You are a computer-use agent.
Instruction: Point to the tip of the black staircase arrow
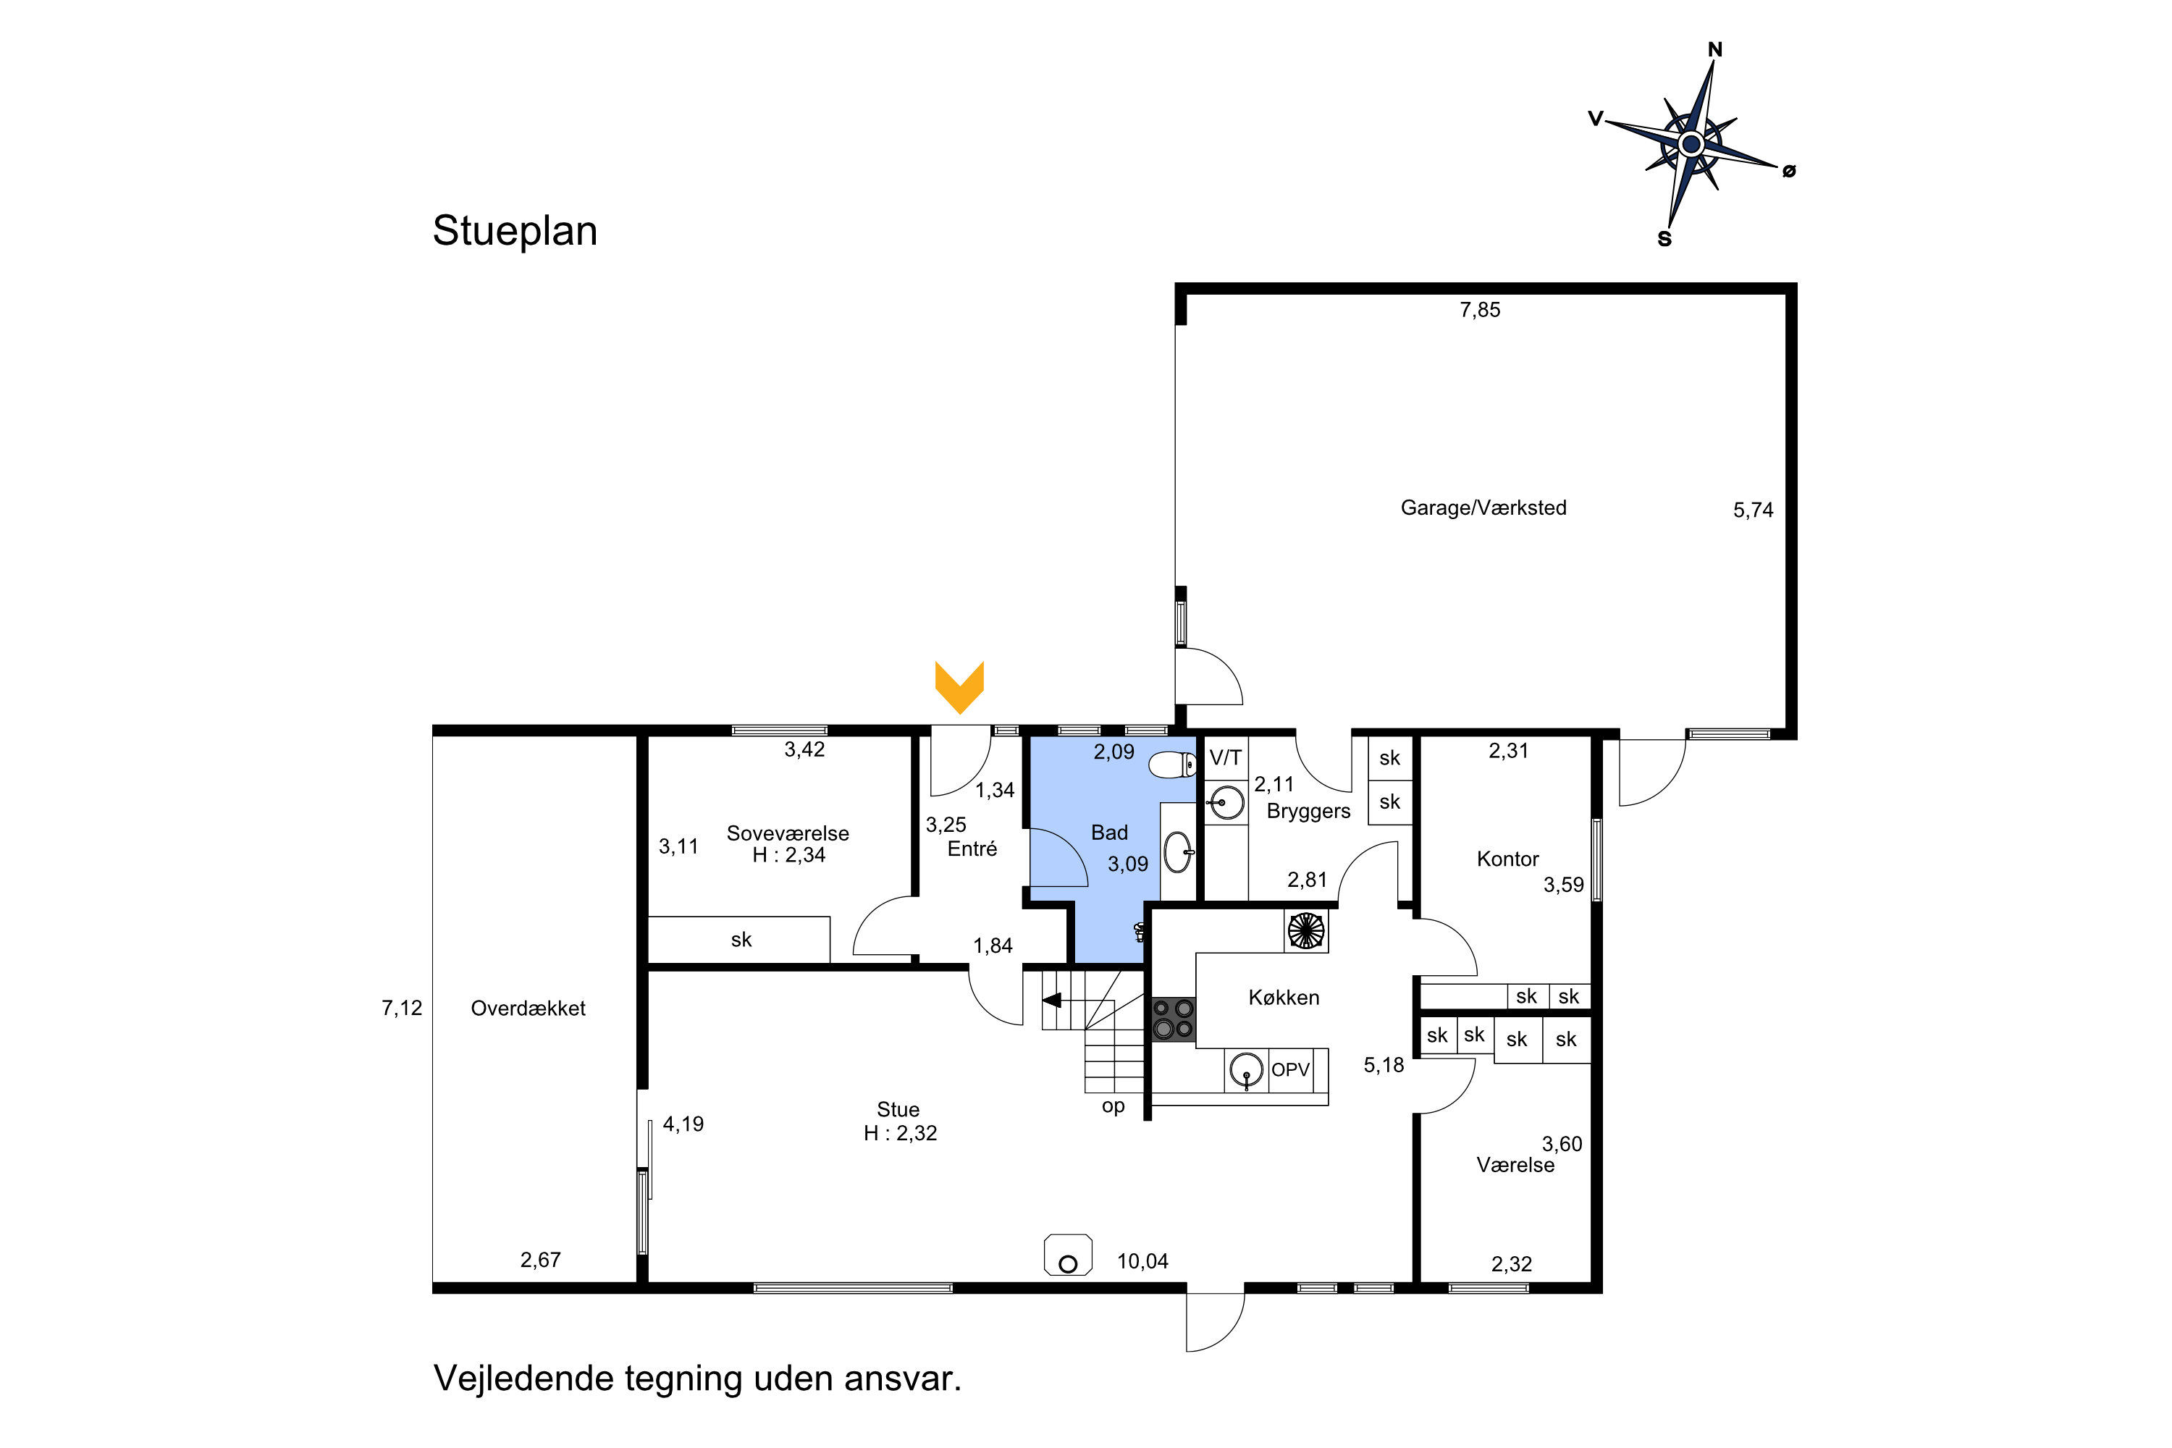1042,999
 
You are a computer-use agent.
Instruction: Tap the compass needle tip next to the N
1714,62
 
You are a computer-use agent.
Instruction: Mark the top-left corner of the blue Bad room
1030,737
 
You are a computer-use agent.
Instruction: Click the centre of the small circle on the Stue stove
1069,1264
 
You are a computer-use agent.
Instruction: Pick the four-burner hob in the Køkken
1173,1019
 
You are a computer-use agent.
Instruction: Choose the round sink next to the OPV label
1247,1069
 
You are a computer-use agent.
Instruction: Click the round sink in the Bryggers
1226,802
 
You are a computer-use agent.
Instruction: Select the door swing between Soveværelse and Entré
883,925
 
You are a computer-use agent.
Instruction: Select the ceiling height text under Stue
901,1133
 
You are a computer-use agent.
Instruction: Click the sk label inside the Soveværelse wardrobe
741,940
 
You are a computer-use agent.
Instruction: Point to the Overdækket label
529,1009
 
